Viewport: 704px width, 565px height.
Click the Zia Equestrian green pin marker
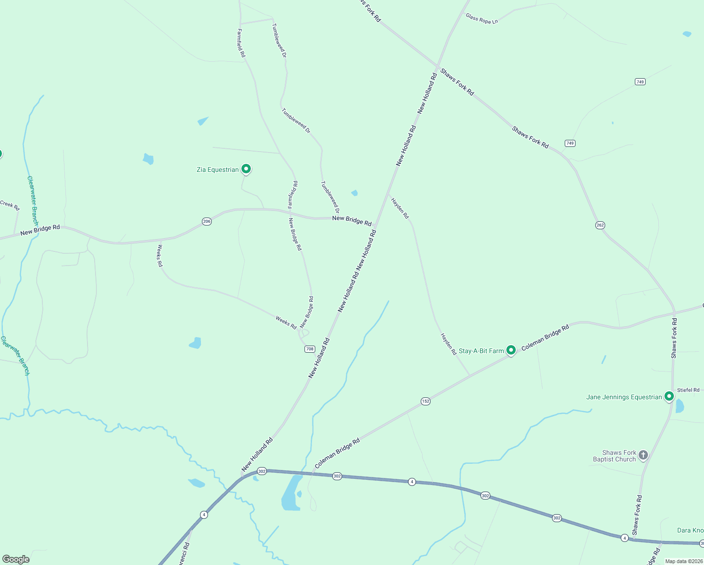[246, 169]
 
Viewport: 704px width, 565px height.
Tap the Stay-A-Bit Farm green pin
[511, 350]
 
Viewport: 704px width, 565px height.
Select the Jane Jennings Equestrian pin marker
[669, 396]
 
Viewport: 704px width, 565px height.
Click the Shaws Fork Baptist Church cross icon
[643, 455]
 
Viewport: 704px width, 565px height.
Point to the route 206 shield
[207, 221]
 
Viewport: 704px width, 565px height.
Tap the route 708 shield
[310, 349]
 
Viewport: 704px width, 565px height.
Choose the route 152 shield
[425, 401]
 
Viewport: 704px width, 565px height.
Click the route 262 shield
[600, 225]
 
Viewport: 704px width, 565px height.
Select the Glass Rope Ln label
[481, 19]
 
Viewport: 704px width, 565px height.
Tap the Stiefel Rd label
[688, 390]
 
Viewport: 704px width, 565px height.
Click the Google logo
[16, 559]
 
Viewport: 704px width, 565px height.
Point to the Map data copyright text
[683, 561]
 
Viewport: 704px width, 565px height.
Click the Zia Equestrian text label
[217, 169]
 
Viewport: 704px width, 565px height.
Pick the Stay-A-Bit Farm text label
[481, 351]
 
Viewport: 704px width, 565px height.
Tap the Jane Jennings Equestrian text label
[624, 397]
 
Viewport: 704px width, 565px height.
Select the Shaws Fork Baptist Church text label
[615, 456]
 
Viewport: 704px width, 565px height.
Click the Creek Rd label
[10, 205]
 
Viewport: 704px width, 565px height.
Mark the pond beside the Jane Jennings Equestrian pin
[680, 406]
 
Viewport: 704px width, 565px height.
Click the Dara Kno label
[690, 530]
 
